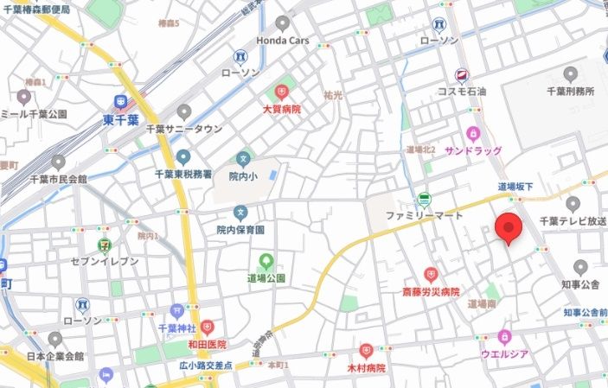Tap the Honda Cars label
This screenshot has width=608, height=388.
282,41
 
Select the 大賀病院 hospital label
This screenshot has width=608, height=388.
282,110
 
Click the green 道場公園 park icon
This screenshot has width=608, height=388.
266,261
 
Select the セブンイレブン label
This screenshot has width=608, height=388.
105,262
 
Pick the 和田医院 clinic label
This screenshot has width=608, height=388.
207,343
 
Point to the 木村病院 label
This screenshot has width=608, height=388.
366,367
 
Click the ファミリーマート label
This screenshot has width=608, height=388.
424,214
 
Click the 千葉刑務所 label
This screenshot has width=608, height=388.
570,91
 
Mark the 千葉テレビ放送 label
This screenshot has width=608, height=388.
572,221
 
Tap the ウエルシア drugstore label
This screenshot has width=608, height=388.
505,353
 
